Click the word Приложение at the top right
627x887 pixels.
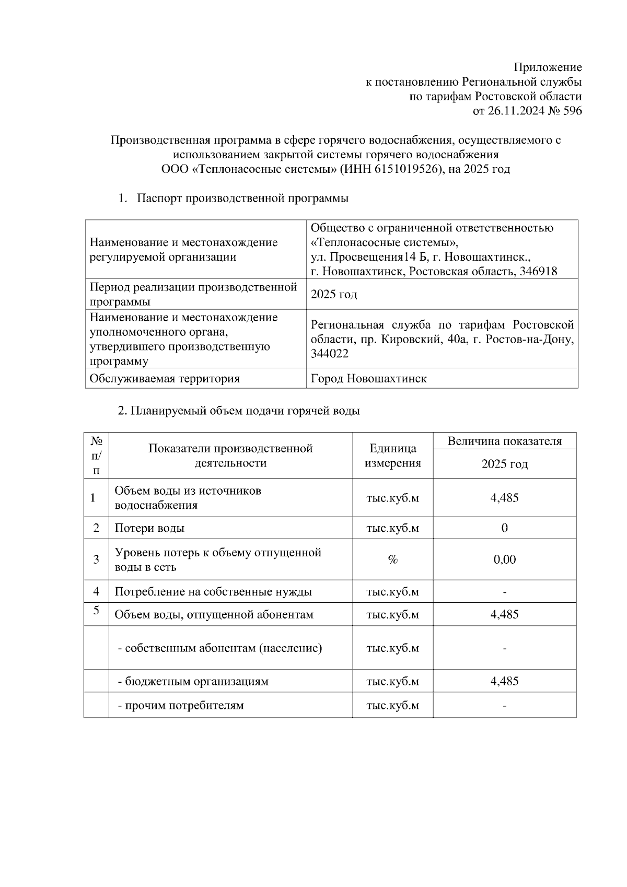click(x=548, y=67)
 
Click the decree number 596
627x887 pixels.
click(x=572, y=111)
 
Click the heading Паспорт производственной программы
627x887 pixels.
click(x=242, y=199)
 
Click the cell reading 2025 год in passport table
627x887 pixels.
click(x=334, y=294)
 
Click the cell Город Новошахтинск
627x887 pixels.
click(x=368, y=379)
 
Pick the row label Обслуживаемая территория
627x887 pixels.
click(x=165, y=379)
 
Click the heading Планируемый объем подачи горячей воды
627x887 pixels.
click(x=239, y=411)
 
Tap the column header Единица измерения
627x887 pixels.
click(x=392, y=456)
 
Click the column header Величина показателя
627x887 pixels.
click(x=504, y=441)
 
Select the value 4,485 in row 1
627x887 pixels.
click(x=504, y=498)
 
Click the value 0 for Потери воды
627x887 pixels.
click(x=504, y=528)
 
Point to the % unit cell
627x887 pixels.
click(x=392, y=559)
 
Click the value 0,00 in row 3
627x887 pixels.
click(x=504, y=559)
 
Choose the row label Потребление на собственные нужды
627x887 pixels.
click(x=213, y=592)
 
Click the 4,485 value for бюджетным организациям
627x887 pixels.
click(x=504, y=681)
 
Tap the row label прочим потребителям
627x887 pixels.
click(x=181, y=705)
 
